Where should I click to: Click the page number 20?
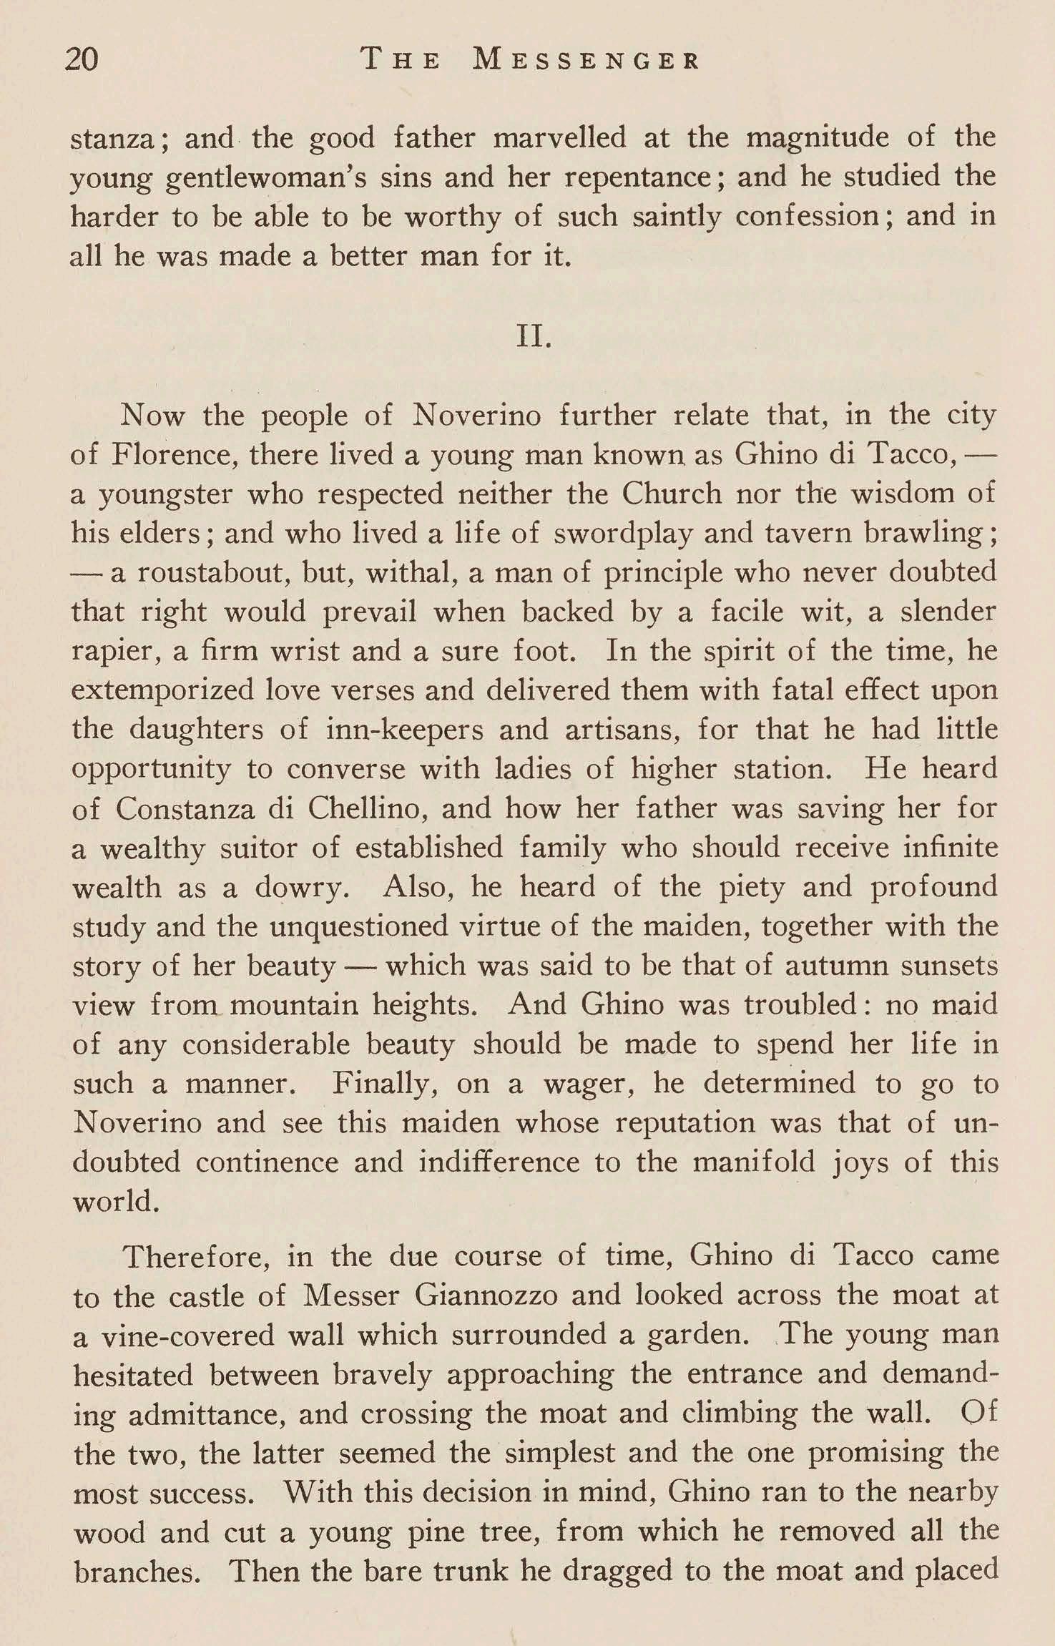[x=82, y=59]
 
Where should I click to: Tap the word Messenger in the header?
[x=586, y=59]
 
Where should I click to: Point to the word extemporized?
[x=163, y=691]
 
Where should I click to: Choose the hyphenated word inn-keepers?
[x=403, y=730]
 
